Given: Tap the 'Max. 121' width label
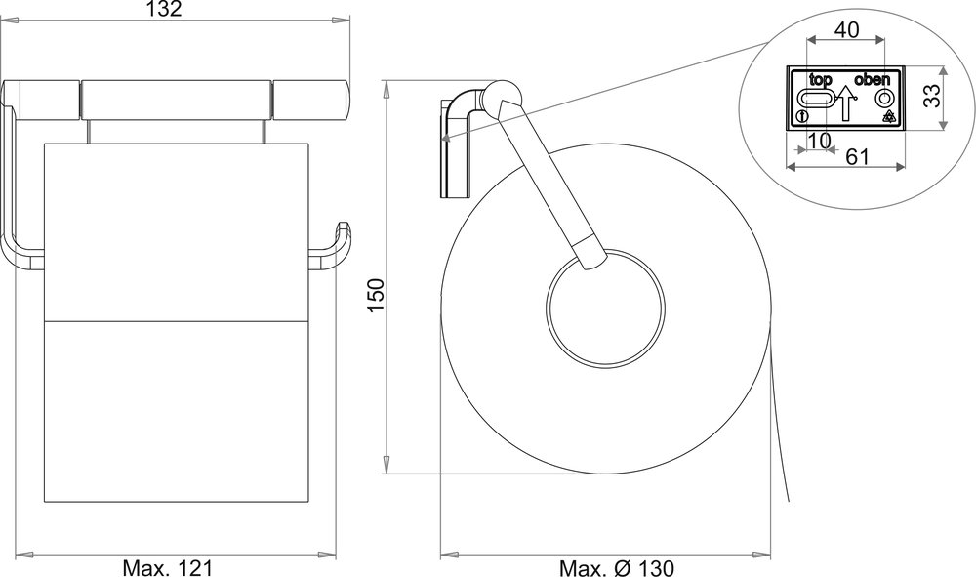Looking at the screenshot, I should click(168, 567).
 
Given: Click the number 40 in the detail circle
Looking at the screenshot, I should click(846, 30).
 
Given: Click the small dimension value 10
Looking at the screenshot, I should click(821, 141).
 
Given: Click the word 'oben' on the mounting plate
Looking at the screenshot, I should click(874, 79).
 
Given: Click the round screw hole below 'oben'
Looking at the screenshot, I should click(883, 99).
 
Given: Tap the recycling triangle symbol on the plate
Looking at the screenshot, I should click(888, 117).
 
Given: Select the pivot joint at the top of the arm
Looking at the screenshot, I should click(503, 101).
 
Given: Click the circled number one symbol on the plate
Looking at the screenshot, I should click(800, 117).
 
